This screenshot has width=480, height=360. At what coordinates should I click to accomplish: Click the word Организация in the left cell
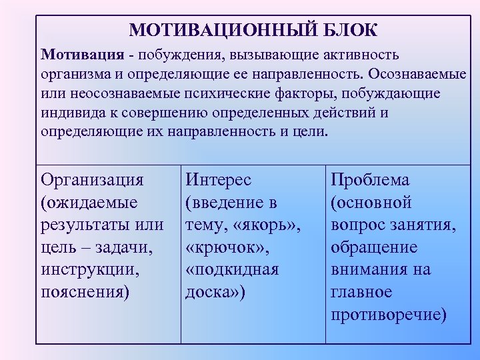tap(92, 179)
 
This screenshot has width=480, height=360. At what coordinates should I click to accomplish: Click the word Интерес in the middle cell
tap(219, 179)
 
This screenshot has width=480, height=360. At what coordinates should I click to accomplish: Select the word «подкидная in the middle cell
tap(232, 269)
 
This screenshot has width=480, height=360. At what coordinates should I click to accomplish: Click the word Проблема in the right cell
tap(371, 179)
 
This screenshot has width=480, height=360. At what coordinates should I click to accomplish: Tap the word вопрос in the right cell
tap(357, 225)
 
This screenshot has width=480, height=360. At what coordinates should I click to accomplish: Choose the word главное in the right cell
tap(361, 292)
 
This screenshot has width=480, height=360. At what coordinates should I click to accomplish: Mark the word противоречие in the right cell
tap(388, 315)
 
